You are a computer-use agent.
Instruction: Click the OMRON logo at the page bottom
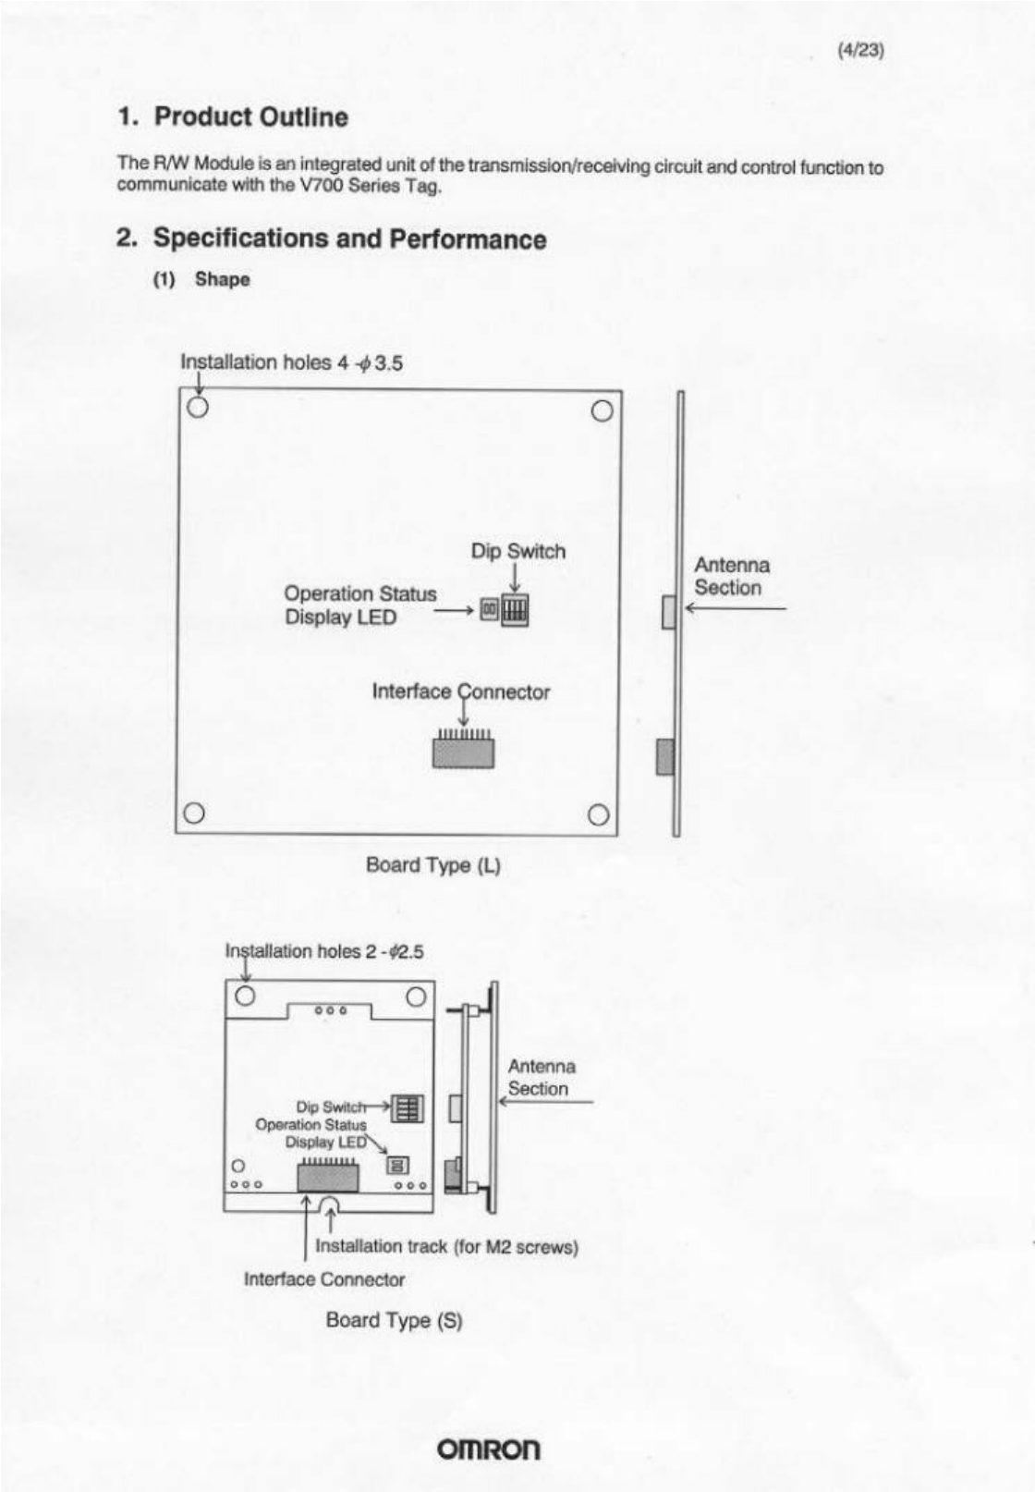click(x=490, y=1448)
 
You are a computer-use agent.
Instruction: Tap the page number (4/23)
click(x=860, y=51)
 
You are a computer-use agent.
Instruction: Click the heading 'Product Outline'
click(x=250, y=117)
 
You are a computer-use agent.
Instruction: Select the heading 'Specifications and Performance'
click(x=349, y=238)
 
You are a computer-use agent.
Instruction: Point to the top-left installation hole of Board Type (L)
click(x=198, y=407)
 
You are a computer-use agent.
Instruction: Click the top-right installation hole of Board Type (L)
click(x=602, y=410)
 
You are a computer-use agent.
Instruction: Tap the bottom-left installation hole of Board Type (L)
click(x=193, y=813)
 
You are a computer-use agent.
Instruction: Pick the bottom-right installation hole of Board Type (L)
click(x=599, y=814)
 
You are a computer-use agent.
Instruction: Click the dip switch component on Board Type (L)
click(x=515, y=611)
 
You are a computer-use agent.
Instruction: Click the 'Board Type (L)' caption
click(x=432, y=865)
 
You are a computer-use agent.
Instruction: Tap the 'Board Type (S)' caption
click(x=394, y=1320)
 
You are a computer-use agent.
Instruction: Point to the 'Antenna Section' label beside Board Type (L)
click(x=731, y=576)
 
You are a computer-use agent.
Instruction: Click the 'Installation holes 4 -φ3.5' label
click(x=291, y=362)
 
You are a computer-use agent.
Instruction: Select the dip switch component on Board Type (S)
click(x=408, y=1107)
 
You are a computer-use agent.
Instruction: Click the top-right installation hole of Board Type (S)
click(x=416, y=996)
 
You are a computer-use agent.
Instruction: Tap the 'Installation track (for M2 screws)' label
click(x=446, y=1246)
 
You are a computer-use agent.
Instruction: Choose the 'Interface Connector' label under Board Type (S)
click(x=324, y=1279)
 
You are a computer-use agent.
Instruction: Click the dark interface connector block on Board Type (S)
click(x=327, y=1178)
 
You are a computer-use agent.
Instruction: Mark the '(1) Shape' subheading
click(x=201, y=279)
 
